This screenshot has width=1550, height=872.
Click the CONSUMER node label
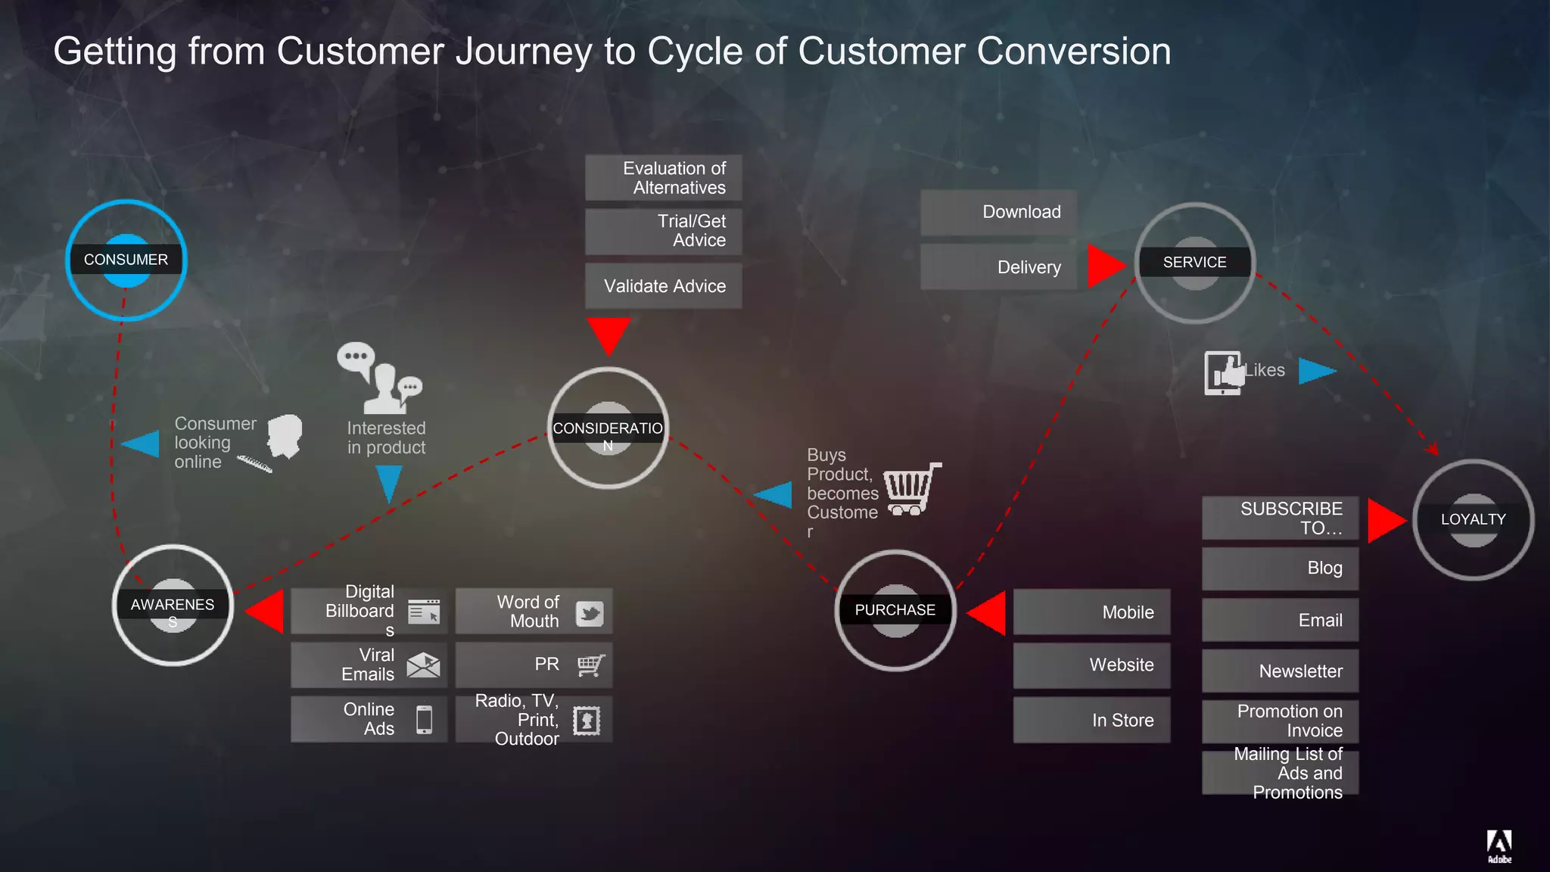click(126, 260)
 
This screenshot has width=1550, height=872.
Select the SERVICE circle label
click(1194, 263)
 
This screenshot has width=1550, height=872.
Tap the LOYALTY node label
click(1473, 519)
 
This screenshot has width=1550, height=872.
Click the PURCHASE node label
click(895, 610)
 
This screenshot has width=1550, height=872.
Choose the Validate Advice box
click(664, 286)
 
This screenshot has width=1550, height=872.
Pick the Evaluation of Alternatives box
click(664, 178)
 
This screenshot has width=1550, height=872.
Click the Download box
click(998, 212)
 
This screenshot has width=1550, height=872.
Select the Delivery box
click(998, 267)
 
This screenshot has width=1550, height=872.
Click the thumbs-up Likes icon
click(1225, 372)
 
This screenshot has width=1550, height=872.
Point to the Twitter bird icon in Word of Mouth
click(590, 613)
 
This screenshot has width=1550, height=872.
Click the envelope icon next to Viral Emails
click(423, 665)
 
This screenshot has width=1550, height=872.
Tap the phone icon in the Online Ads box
click(425, 720)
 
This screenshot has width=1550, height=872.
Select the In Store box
click(1091, 721)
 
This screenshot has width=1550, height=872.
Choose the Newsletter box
click(1281, 671)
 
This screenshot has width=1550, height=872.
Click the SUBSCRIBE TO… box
click(1281, 519)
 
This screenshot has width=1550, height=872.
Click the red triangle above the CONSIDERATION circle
click(608, 334)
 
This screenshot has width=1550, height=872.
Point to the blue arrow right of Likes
click(1316, 371)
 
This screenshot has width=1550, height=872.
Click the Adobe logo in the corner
click(1499, 845)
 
